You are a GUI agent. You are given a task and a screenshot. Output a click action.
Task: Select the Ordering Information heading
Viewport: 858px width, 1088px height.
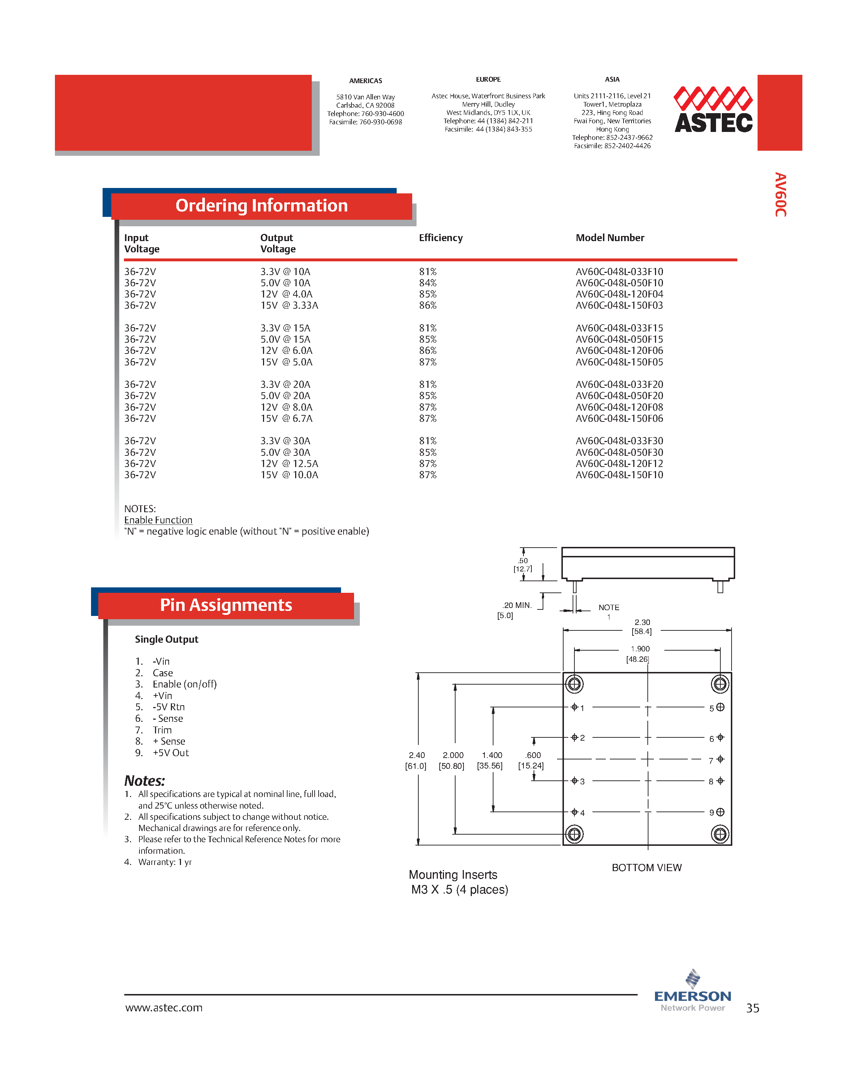(x=261, y=206)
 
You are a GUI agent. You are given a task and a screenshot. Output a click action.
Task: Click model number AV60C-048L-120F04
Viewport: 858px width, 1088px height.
(x=619, y=294)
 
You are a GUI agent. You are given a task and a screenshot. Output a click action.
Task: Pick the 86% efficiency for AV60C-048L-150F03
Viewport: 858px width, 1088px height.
(x=427, y=305)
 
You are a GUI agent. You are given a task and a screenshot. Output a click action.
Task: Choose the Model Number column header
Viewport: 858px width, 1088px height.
(x=609, y=238)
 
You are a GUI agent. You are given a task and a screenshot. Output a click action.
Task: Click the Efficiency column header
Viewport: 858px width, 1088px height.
(x=440, y=238)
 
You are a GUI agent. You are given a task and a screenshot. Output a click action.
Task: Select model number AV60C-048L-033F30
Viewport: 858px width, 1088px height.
(x=619, y=441)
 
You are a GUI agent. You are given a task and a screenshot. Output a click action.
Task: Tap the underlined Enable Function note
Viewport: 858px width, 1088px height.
(x=158, y=520)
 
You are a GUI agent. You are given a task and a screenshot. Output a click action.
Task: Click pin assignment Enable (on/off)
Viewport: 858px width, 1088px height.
(x=184, y=684)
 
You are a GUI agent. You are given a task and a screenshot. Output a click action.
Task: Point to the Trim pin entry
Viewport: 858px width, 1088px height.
(x=162, y=730)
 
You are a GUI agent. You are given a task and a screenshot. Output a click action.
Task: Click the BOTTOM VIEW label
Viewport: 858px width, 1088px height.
(x=647, y=868)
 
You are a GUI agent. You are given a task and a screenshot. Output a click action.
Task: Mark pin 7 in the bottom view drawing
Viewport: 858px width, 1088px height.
(x=720, y=759)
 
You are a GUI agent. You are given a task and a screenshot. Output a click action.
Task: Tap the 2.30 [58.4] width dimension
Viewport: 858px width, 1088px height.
(x=642, y=627)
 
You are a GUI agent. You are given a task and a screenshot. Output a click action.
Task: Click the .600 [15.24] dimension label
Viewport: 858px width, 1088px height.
(x=531, y=761)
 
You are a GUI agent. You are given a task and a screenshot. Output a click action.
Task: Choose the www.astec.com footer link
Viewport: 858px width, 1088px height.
(x=164, y=1008)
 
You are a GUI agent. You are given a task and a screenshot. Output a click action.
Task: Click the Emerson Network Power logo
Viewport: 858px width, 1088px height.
(x=692, y=991)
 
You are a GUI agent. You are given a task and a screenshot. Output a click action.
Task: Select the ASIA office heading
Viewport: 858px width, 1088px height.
(x=612, y=80)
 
